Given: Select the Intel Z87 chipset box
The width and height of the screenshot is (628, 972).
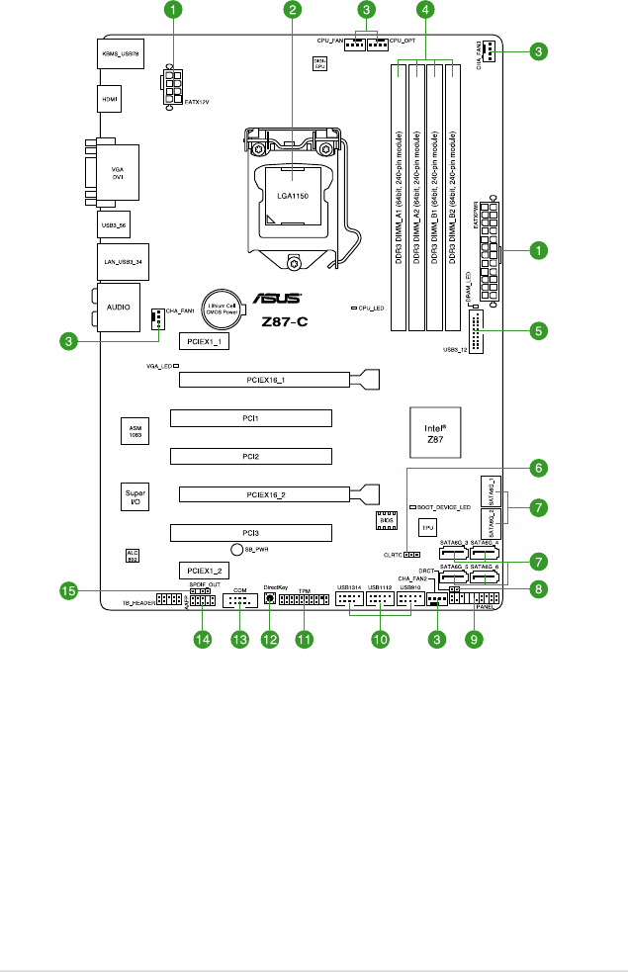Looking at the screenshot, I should pos(436,432).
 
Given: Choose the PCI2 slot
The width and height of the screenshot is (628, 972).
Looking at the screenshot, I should pos(249,456).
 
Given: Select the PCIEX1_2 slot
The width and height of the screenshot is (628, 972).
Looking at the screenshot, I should pos(206,571).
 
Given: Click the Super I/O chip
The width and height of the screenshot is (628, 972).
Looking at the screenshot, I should pos(135,496).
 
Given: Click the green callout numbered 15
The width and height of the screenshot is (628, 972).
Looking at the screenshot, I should pos(69,590).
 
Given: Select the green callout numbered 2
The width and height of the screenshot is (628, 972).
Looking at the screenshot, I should pos(292,11).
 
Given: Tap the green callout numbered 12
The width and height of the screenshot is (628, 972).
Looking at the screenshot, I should pos(269,640).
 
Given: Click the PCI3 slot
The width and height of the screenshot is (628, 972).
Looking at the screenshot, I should pos(249,533).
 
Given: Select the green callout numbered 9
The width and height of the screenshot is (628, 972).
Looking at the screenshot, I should pos(476,640).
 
